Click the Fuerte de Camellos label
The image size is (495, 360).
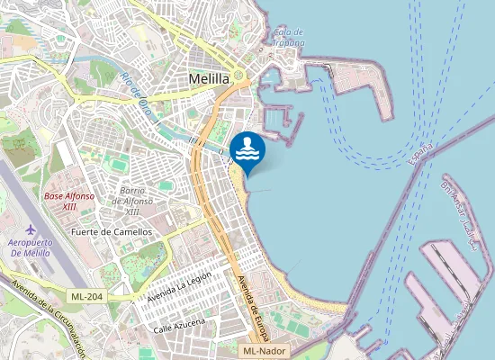[112, 231]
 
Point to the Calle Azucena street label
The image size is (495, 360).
[179, 324]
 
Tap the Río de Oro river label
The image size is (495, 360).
[139, 97]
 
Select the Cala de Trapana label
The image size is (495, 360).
[288, 37]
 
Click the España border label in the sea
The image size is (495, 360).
[420, 155]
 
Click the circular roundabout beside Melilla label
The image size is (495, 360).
[239, 76]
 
